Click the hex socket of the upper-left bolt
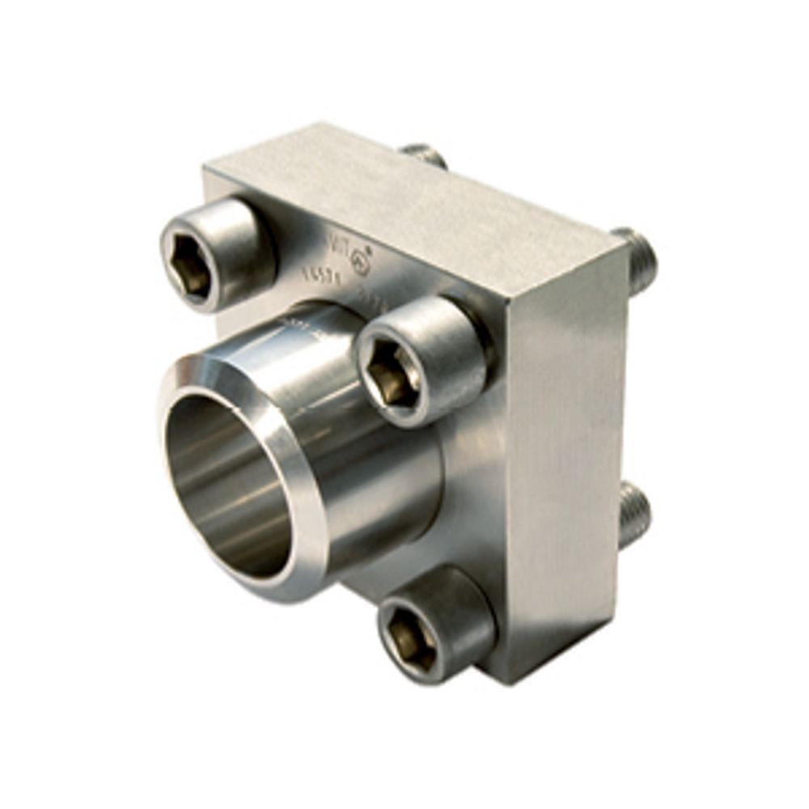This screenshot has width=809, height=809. click(x=192, y=265)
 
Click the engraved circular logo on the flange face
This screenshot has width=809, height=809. click(x=362, y=264)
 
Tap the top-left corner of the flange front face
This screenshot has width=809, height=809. click(x=206, y=172)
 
